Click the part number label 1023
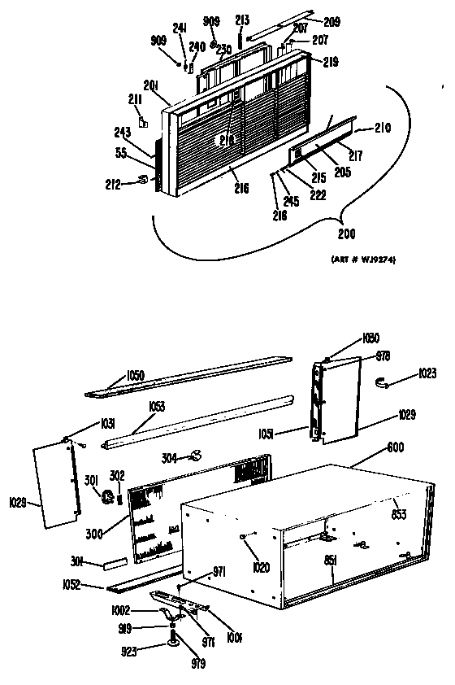tap(429, 375)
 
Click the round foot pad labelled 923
tap(175, 645)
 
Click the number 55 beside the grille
tap(121, 152)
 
